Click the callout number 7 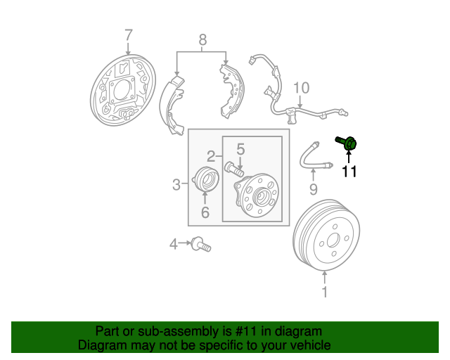(128, 35)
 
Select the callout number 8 (202, 40)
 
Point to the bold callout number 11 (349, 171)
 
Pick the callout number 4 (174, 244)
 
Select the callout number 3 (176, 185)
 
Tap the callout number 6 (205, 212)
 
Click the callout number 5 (240, 148)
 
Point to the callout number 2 (210, 155)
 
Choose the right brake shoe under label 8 (229, 90)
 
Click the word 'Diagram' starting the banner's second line (103, 345)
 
